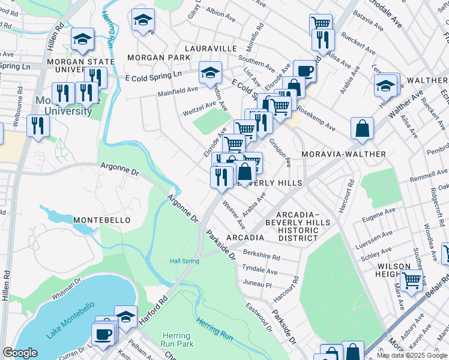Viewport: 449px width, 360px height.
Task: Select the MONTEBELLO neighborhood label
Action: (102, 220)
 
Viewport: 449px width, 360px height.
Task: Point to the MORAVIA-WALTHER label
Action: (343, 154)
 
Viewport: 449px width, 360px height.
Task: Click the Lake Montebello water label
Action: (71, 320)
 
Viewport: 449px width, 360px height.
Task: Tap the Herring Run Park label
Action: (176, 340)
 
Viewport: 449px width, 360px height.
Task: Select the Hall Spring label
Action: (184, 261)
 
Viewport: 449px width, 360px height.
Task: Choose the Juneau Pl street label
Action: (258, 283)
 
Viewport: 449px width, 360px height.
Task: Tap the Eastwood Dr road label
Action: (258, 314)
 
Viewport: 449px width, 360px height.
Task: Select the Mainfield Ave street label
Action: (178, 91)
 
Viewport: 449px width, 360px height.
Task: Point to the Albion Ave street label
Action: (218, 11)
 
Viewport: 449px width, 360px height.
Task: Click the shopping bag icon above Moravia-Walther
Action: (363, 128)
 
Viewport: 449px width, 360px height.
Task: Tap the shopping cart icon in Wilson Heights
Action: (411, 279)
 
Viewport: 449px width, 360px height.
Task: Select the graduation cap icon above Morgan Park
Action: (143, 20)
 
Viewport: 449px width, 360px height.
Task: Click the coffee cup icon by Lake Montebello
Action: (103, 334)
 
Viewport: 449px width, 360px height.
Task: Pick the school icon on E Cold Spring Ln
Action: (209, 73)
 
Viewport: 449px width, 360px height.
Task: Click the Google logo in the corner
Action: (20, 353)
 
